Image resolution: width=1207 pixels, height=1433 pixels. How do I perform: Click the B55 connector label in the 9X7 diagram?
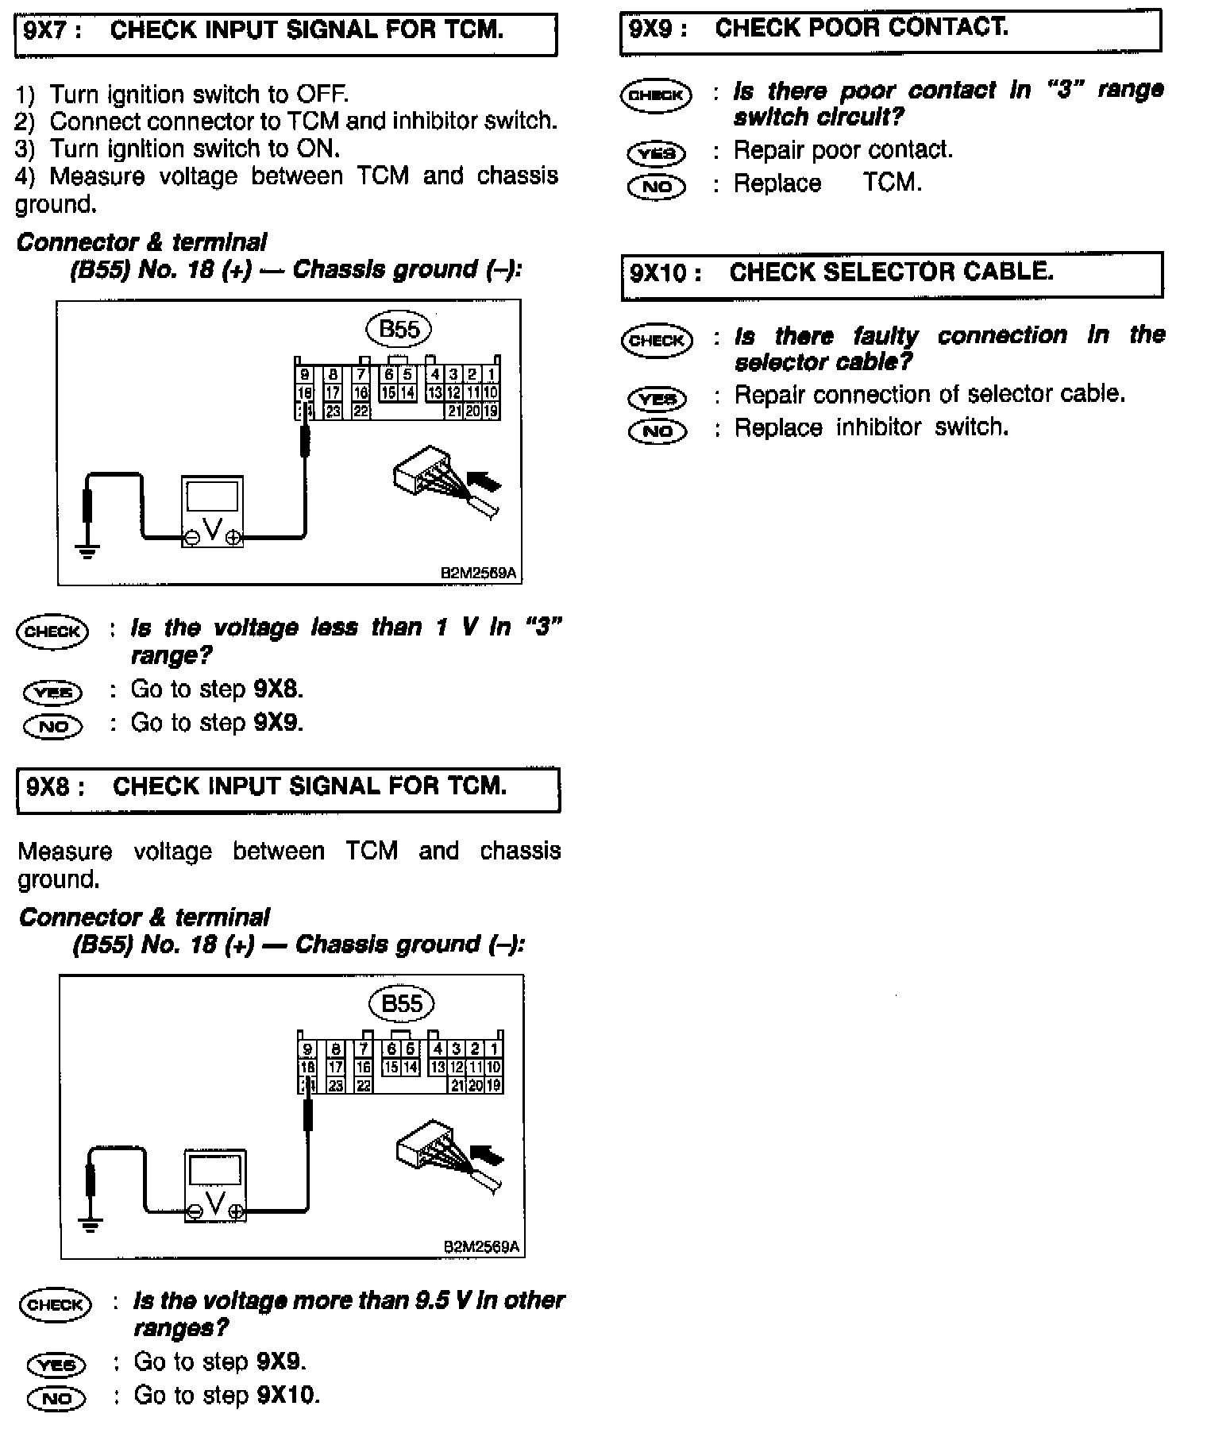(x=399, y=329)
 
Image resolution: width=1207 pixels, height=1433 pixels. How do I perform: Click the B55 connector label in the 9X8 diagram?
(x=402, y=1003)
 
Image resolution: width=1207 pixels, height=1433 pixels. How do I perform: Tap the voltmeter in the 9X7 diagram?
(x=212, y=513)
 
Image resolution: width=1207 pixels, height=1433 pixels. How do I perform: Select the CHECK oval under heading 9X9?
(x=656, y=95)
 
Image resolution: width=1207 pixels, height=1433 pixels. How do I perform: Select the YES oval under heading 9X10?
(x=657, y=397)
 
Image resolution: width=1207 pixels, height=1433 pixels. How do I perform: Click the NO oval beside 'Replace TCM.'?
(x=656, y=187)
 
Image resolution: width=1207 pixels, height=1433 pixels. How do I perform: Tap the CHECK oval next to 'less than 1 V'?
(x=52, y=632)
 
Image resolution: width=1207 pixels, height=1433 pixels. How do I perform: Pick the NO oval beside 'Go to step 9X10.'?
(x=56, y=1397)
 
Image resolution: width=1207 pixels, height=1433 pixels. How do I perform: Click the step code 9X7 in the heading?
(x=48, y=31)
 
